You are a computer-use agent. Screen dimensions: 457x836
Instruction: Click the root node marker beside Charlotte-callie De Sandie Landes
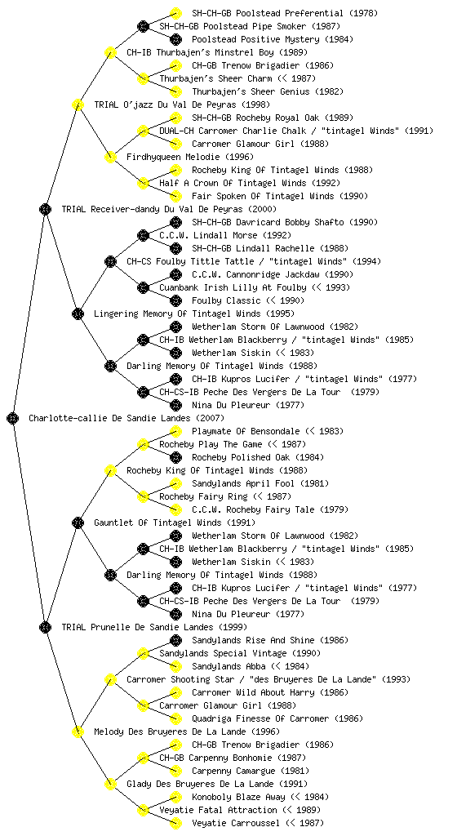pyautogui.click(x=13, y=419)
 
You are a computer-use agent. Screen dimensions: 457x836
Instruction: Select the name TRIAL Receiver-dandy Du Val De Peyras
pyautogui.click(x=152, y=210)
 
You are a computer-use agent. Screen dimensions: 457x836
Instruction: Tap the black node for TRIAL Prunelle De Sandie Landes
pyautogui.click(x=45, y=628)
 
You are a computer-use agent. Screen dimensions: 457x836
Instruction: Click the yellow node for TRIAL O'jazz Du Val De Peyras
pyautogui.click(x=78, y=105)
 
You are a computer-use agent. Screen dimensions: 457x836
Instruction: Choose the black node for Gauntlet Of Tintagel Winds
pyautogui.click(x=78, y=523)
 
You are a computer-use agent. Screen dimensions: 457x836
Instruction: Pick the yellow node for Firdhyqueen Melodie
pyautogui.click(x=110, y=158)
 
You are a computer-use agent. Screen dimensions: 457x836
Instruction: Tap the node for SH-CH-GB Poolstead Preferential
pyautogui.click(x=175, y=13)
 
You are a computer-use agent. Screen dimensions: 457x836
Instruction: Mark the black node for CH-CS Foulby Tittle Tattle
pyautogui.click(x=110, y=262)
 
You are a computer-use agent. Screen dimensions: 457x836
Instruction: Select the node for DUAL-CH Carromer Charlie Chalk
pyautogui.click(x=143, y=131)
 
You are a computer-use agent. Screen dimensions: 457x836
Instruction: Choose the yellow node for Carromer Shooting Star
pyautogui.click(x=110, y=680)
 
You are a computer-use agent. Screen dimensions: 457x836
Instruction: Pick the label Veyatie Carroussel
pyautogui.click(x=235, y=823)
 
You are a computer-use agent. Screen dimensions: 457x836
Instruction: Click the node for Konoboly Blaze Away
pyautogui.click(x=175, y=797)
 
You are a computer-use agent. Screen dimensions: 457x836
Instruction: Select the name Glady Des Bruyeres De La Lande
pyautogui.click(x=200, y=785)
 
